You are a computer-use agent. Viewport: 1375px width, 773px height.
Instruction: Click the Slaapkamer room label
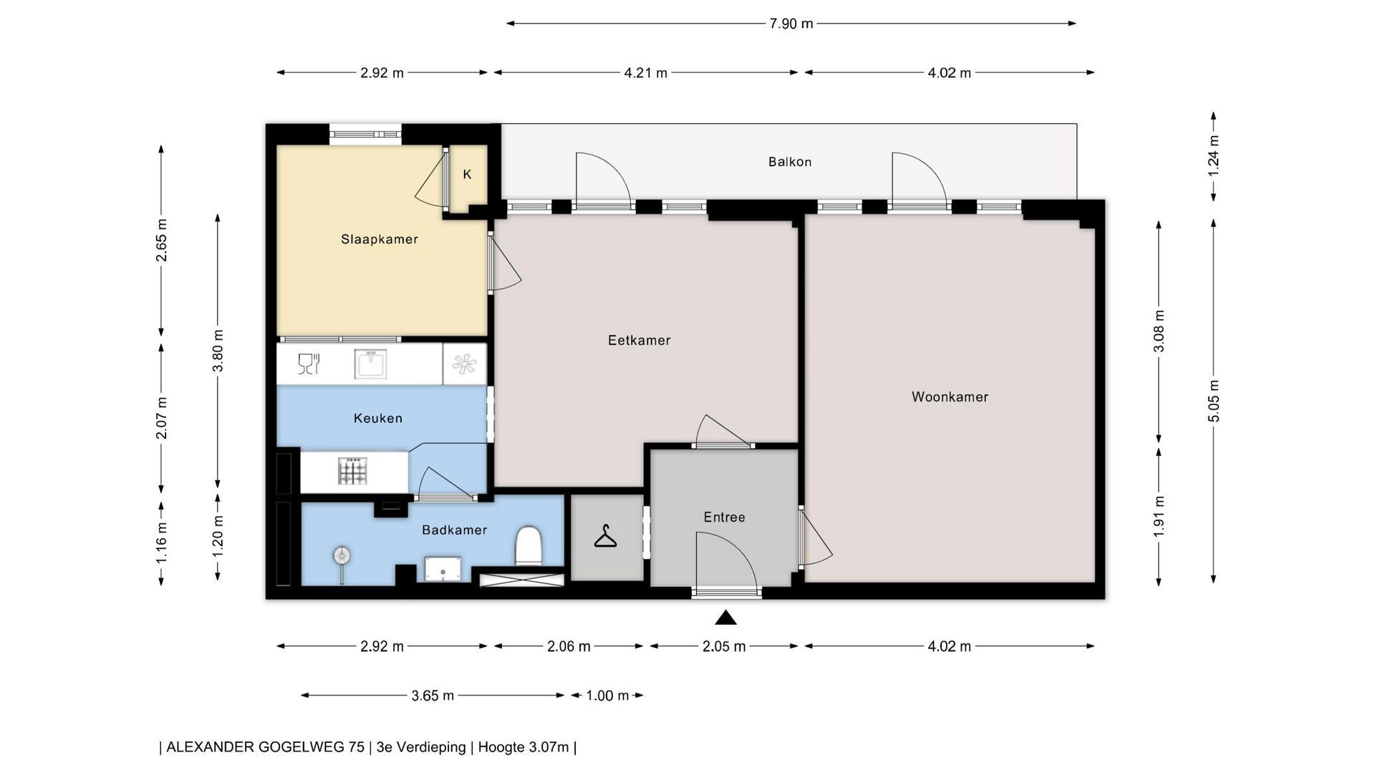379,239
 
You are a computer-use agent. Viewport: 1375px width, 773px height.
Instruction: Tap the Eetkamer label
639,340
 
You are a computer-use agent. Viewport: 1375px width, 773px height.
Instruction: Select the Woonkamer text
950,397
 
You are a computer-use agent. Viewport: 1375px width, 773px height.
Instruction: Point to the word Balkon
790,162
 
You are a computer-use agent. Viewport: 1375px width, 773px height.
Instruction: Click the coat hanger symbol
606,536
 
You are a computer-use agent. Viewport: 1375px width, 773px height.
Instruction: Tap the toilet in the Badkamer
529,546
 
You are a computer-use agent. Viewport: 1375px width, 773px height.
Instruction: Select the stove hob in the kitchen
352,471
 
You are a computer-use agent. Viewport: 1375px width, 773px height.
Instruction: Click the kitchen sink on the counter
370,364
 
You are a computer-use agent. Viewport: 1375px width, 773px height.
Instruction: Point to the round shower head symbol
342,555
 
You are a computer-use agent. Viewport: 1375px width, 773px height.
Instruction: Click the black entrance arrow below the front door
725,617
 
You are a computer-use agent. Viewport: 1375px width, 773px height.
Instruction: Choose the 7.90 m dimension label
791,24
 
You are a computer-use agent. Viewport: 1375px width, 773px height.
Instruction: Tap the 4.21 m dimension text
645,72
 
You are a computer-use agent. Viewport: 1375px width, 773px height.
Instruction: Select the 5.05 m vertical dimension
1214,401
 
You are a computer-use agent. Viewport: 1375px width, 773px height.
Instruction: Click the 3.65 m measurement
433,695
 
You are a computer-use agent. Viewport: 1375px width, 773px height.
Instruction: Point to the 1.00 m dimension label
607,695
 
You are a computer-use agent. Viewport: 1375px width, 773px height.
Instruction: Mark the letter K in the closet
467,174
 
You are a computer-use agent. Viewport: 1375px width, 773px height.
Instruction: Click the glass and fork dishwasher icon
309,364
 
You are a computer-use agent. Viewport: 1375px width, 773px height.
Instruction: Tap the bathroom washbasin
442,569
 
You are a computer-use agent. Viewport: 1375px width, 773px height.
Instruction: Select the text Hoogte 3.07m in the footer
524,747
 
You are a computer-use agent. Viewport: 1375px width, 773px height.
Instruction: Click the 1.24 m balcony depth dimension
1214,155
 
